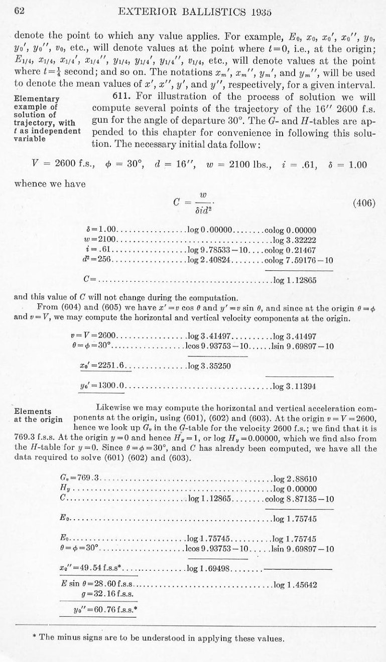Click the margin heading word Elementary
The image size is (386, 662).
click(37, 99)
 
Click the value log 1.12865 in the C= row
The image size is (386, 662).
click(294, 280)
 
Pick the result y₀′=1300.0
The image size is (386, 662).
click(105, 386)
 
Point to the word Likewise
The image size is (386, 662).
click(113, 408)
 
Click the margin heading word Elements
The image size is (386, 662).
click(33, 412)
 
